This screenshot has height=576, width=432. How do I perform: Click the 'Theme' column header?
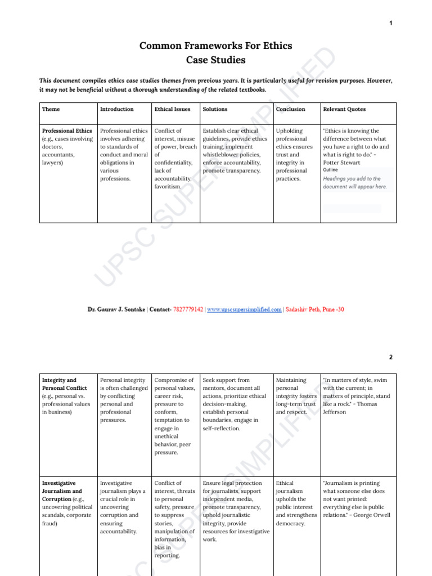51,109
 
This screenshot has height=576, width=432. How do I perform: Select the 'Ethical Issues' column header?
172,109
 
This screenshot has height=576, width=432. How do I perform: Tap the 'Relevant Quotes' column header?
344,109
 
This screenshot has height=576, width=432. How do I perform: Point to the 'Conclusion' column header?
291,109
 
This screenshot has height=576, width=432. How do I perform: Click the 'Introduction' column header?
116,109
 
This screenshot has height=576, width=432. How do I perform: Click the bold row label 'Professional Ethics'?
67,131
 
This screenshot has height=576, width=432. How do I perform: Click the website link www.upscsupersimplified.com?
244,309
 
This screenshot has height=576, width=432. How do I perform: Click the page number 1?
390,23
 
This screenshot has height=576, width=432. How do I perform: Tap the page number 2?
390,357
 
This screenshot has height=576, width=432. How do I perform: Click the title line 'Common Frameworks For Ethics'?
215,46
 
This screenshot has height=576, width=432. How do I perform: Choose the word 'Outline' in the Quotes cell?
331,170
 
